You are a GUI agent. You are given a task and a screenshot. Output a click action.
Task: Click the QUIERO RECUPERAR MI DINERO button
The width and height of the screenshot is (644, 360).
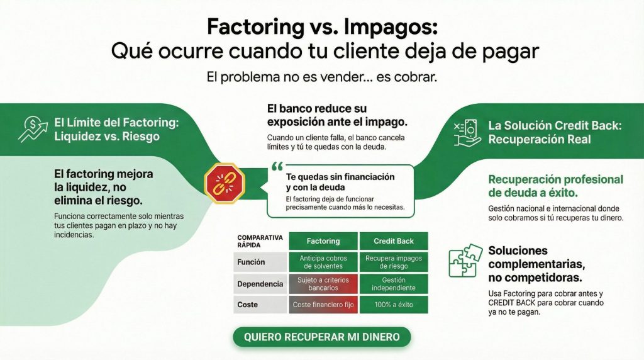click(x=321, y=337)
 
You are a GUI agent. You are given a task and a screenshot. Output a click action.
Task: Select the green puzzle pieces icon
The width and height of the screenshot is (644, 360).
click(x=465, y=261)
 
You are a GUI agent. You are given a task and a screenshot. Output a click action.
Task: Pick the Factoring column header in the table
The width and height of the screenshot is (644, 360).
click(x=323, y=241)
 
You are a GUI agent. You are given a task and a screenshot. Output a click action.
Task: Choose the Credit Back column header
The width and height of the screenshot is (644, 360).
click(x=393, y=241)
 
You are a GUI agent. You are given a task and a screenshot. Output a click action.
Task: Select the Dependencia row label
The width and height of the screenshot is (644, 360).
click(x=260, y=284)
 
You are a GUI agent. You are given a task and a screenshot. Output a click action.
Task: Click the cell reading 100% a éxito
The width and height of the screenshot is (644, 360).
click(x=393, y=305)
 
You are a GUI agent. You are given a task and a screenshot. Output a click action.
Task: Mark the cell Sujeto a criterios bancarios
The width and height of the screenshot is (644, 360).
click(x=323, y=284)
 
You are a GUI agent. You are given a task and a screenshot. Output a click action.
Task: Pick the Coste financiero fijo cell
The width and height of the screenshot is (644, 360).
click(x=323, y=305)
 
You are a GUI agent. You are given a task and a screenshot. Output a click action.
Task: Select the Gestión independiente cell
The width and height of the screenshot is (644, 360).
click(x=393, y=284)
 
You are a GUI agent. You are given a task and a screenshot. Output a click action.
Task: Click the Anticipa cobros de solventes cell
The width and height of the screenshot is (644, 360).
click(x=323, y=262)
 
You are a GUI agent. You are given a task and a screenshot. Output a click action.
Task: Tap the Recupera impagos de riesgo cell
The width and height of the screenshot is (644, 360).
click(x=393, y=262)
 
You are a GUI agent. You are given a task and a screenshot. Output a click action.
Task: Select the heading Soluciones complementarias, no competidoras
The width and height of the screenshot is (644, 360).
click(x=535, y=264)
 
